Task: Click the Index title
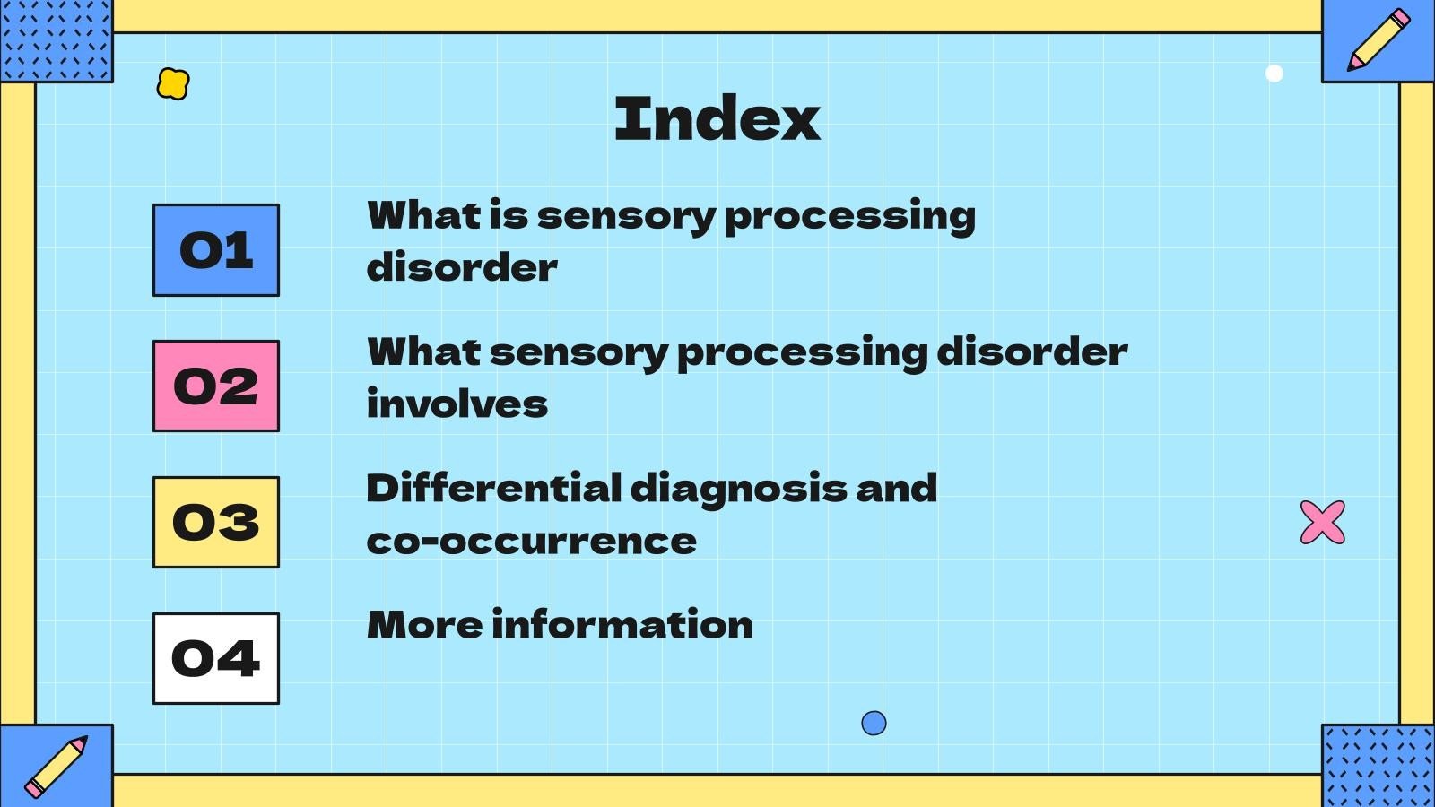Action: click(x=717, y=118)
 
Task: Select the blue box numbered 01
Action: click(x=216, y=250)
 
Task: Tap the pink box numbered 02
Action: click(x=216, y=386)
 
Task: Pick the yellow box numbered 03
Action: click(x=216, y=523)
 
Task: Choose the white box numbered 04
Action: click(x=216, y=659)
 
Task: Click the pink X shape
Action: click(x=1323, y=522)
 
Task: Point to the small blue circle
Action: click(x=874, y=723)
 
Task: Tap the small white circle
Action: click(x=1274, y=74)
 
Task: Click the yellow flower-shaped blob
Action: click(x=173, y=83)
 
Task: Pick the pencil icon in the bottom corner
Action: click(x=56, y=767)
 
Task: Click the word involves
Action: click(x=457, y=404)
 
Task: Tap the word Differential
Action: click(x=494, y=489)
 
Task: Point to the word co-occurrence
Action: click(x=531, y=542)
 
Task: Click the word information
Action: click(x=622, y=625)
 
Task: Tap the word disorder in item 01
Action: click(x=462, y=267)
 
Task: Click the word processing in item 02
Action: click(x=802, y=353)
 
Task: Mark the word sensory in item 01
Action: click(x=625, y=217)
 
